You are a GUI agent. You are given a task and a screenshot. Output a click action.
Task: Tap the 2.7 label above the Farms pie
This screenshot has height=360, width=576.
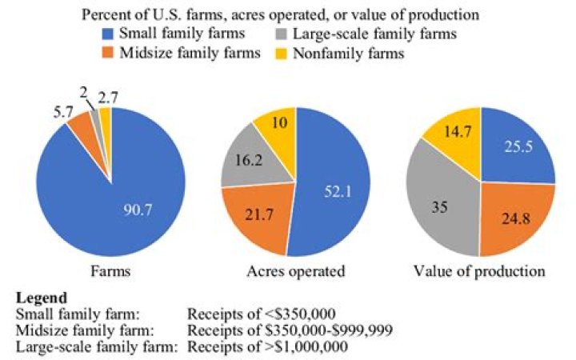click(x=110, y=98)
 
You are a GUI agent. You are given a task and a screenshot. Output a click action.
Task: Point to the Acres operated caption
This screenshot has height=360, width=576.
click(x=294, y=271)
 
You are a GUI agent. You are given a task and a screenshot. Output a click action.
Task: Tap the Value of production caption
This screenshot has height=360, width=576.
click(x=480, y=271)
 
